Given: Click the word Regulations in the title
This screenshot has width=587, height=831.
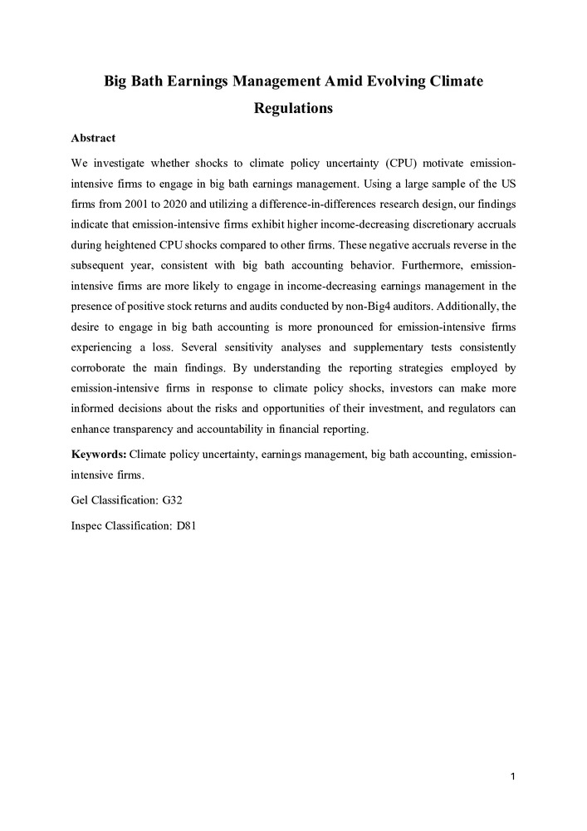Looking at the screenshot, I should pos(293,109).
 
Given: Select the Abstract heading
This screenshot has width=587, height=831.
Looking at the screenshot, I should pos(93,138).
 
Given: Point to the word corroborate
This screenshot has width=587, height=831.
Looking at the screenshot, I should pos(100,377).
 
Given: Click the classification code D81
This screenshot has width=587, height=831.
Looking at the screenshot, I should pos(186,526).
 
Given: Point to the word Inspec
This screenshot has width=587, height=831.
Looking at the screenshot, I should pos(89,526).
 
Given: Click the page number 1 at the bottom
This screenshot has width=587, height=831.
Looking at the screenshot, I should pos(514,776).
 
